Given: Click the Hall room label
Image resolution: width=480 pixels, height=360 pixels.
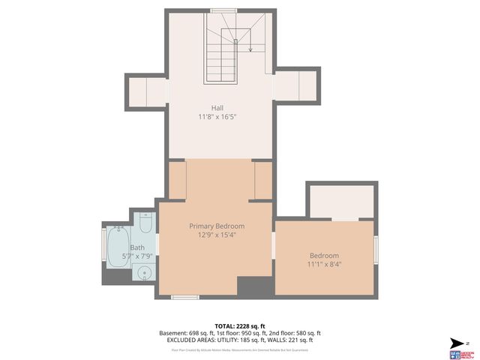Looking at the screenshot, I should (217, 108).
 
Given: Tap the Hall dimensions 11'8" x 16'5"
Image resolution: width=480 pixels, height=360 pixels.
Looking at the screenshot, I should (217, 117).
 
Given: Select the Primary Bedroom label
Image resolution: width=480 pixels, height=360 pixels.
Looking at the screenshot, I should (217, 226).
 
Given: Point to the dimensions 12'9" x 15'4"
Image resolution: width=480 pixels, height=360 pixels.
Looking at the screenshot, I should (217, 235).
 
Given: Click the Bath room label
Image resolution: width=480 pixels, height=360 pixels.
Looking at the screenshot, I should (137, 247).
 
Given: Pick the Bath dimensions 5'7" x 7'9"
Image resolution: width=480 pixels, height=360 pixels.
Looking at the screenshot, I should (137, 256).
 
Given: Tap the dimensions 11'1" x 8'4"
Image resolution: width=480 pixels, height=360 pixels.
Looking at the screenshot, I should (324, 264).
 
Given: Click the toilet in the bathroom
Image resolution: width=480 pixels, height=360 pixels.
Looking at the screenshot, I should (146, 223).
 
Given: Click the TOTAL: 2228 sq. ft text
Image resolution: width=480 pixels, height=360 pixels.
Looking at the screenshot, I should (239, 325).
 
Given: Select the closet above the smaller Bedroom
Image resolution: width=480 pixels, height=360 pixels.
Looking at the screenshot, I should (341, 201).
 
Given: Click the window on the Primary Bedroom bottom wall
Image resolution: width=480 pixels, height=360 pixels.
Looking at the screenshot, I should (184, 298).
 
